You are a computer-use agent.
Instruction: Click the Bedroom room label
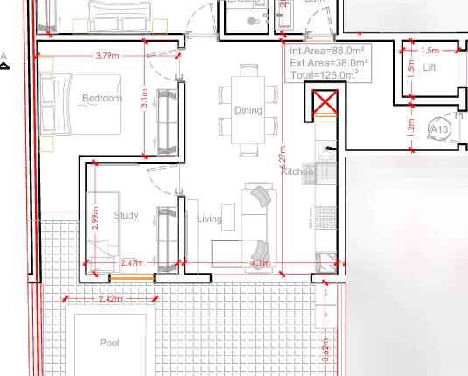click(x=101, y=98)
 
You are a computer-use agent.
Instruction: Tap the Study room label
click(x=127, y=215)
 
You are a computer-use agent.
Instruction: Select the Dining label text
click(x=248, y=110)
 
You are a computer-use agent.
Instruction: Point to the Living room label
click(x=210, y=219)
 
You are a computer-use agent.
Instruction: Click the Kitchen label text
click(x=297, y=172)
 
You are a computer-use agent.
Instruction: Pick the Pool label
click(x=109, y=344)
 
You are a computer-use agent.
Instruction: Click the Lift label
click(x=430, y=67)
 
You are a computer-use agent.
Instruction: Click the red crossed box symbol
click(x=325, y=105)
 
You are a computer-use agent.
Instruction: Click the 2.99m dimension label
click(x=94, y=219)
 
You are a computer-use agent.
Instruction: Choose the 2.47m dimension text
click(x=132, y=262)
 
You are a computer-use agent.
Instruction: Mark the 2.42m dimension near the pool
click(x=110, y=299)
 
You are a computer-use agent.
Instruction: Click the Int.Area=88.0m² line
click(x=328, y=52)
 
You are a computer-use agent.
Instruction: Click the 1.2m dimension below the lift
click(x=413, y=127)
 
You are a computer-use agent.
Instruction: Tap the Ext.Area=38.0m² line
click(x=328, y=63)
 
